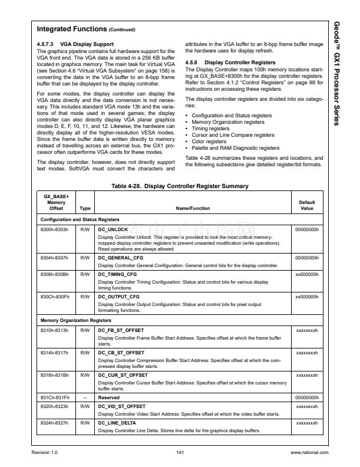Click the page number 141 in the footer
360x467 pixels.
pyautogui.click(x=180, y=452)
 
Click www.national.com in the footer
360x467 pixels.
pyautogui.click(x=309, y=452)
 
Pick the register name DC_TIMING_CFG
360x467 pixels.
pyautogui.click(x=117, y=274)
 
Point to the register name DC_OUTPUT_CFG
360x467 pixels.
pyautogui.click(x=118, y=297)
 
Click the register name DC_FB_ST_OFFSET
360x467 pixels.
pyautogui.click(x=121, y=331)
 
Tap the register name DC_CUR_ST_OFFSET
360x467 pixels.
pyautogui.click(x=123, y=374)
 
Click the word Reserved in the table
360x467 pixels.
pyautogui.click(x=110, y=396)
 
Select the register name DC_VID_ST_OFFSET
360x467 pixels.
pyautogui.click(x=122, y=406)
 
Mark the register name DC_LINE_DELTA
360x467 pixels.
pyautogui.click(x=117, y=422)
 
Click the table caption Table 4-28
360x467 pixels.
pyautogui.click(x=180, y=186)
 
